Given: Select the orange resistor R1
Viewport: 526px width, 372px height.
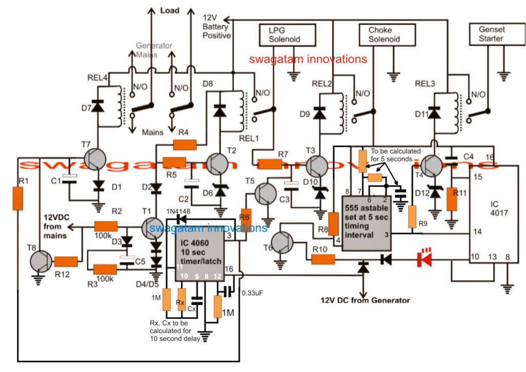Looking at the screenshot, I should pos(18,199).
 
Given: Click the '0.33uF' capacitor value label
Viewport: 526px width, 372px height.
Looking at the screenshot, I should pos(254,294).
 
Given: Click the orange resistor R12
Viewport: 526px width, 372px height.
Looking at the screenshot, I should pos(67,261).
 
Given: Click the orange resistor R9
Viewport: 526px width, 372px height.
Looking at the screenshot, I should pos(412,217).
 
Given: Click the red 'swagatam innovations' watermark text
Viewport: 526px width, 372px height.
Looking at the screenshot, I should pos(308,59).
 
